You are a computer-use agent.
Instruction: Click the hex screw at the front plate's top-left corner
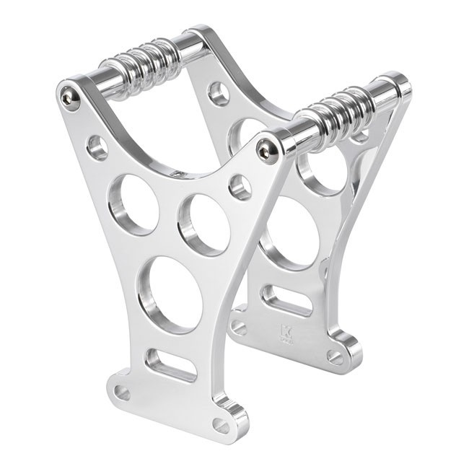click(x=70, y=95)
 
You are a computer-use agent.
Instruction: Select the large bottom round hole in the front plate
click(x=171, y=294)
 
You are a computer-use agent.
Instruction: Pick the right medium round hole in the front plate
click(x=204, y=224)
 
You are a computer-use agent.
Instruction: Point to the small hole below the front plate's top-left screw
click(x=97, y=147)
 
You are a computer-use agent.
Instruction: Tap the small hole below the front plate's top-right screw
click(x=240, y=187)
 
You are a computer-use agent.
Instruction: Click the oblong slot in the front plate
click(x=171, y=365)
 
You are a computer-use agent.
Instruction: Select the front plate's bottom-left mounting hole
click(x=122, y=393)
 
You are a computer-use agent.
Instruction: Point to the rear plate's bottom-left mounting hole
click(x=239, y=328)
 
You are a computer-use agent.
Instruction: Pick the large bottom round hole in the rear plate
click(x=292, y=231)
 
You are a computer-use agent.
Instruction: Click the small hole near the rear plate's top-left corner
click(x=219, y=93)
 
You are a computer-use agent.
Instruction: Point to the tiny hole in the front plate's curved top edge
click(x=177, y=173)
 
